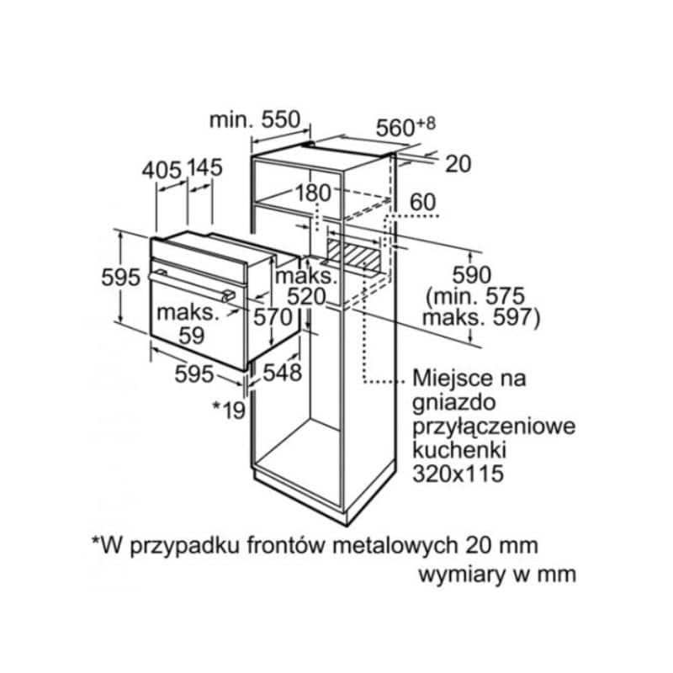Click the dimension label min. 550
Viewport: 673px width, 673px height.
(x=254, y=119)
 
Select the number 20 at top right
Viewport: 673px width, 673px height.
(x=458, y=164)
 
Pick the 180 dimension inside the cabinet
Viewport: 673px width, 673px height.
(x=314, y=193)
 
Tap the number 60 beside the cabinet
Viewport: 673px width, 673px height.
(x=426, y=202)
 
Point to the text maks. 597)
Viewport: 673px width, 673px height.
(x=480, y=318)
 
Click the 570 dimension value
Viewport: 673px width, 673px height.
(x=273, y=316)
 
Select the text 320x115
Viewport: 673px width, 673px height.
(x=457, y=474)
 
